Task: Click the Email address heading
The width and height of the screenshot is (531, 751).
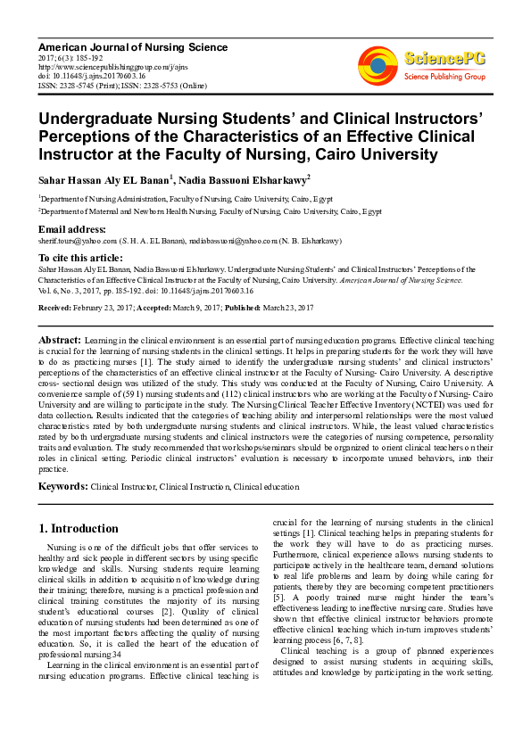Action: [x=72, y=229]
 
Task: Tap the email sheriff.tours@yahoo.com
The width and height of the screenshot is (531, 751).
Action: [x=79, y=241]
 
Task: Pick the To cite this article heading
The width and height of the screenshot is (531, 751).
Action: [x=81, y=257]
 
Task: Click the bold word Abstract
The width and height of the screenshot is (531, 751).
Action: [x=60, y=341]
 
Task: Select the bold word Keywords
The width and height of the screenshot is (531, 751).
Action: [x=62, y=487]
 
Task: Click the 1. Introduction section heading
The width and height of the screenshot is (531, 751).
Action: [x=79, y=528]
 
